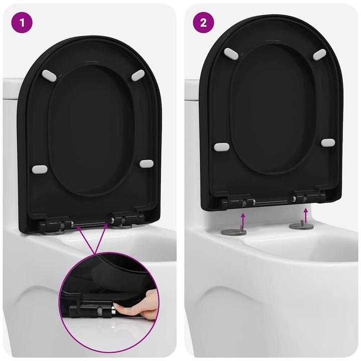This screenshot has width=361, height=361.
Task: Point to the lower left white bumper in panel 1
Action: [x=40, y=169]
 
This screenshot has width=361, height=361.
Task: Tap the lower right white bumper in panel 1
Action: [x=146, y=164]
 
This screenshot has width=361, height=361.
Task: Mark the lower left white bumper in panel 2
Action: [x=221, y=147]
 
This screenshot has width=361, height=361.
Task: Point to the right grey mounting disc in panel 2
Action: [x=302, y=226]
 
